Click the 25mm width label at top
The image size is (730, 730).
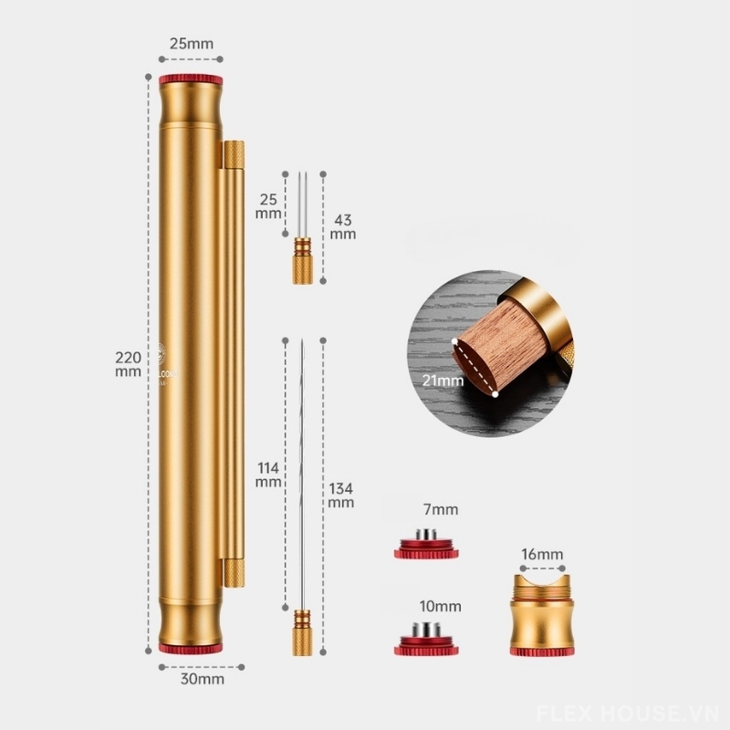pos(191,43)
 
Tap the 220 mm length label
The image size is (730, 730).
pos(127,364)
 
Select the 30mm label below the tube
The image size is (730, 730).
pos(191,678)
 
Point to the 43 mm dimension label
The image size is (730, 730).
pos(343,226)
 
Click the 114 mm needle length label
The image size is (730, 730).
pos(268,474)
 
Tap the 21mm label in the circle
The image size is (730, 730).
pos(443,379)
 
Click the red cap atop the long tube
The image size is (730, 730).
pos(191,80)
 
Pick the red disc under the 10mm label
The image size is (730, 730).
pos(426,647)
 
